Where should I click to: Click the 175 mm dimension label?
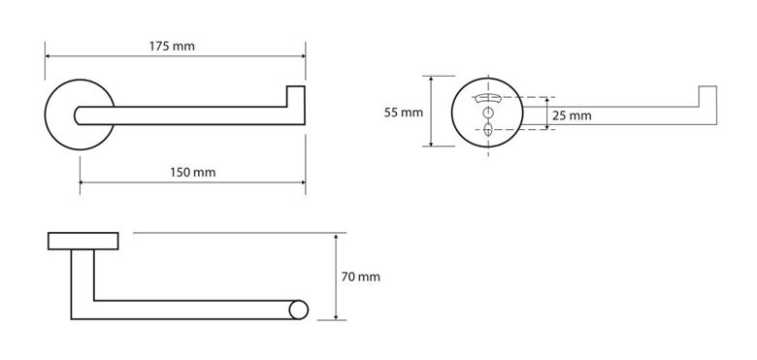172,47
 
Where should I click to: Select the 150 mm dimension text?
192,173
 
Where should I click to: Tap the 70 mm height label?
361,277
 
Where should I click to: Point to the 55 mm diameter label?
404,113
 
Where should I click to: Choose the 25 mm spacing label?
572,115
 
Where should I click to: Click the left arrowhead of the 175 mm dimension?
48,56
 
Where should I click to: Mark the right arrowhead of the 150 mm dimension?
302,182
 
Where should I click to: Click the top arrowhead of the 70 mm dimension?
336,237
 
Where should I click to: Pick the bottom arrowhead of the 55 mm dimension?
431,143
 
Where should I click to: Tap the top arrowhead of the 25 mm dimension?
546,100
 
